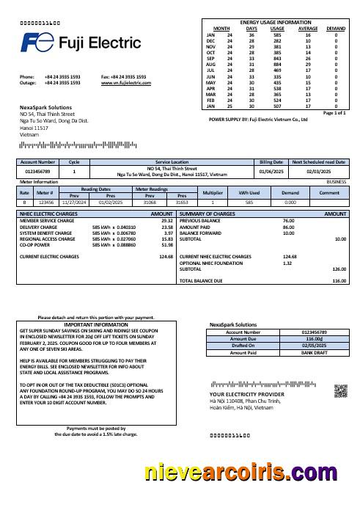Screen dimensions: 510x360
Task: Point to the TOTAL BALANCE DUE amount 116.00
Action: point(339,281)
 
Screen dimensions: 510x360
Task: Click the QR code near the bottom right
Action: point(340,390)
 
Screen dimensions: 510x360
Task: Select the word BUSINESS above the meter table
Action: point(337,181)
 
